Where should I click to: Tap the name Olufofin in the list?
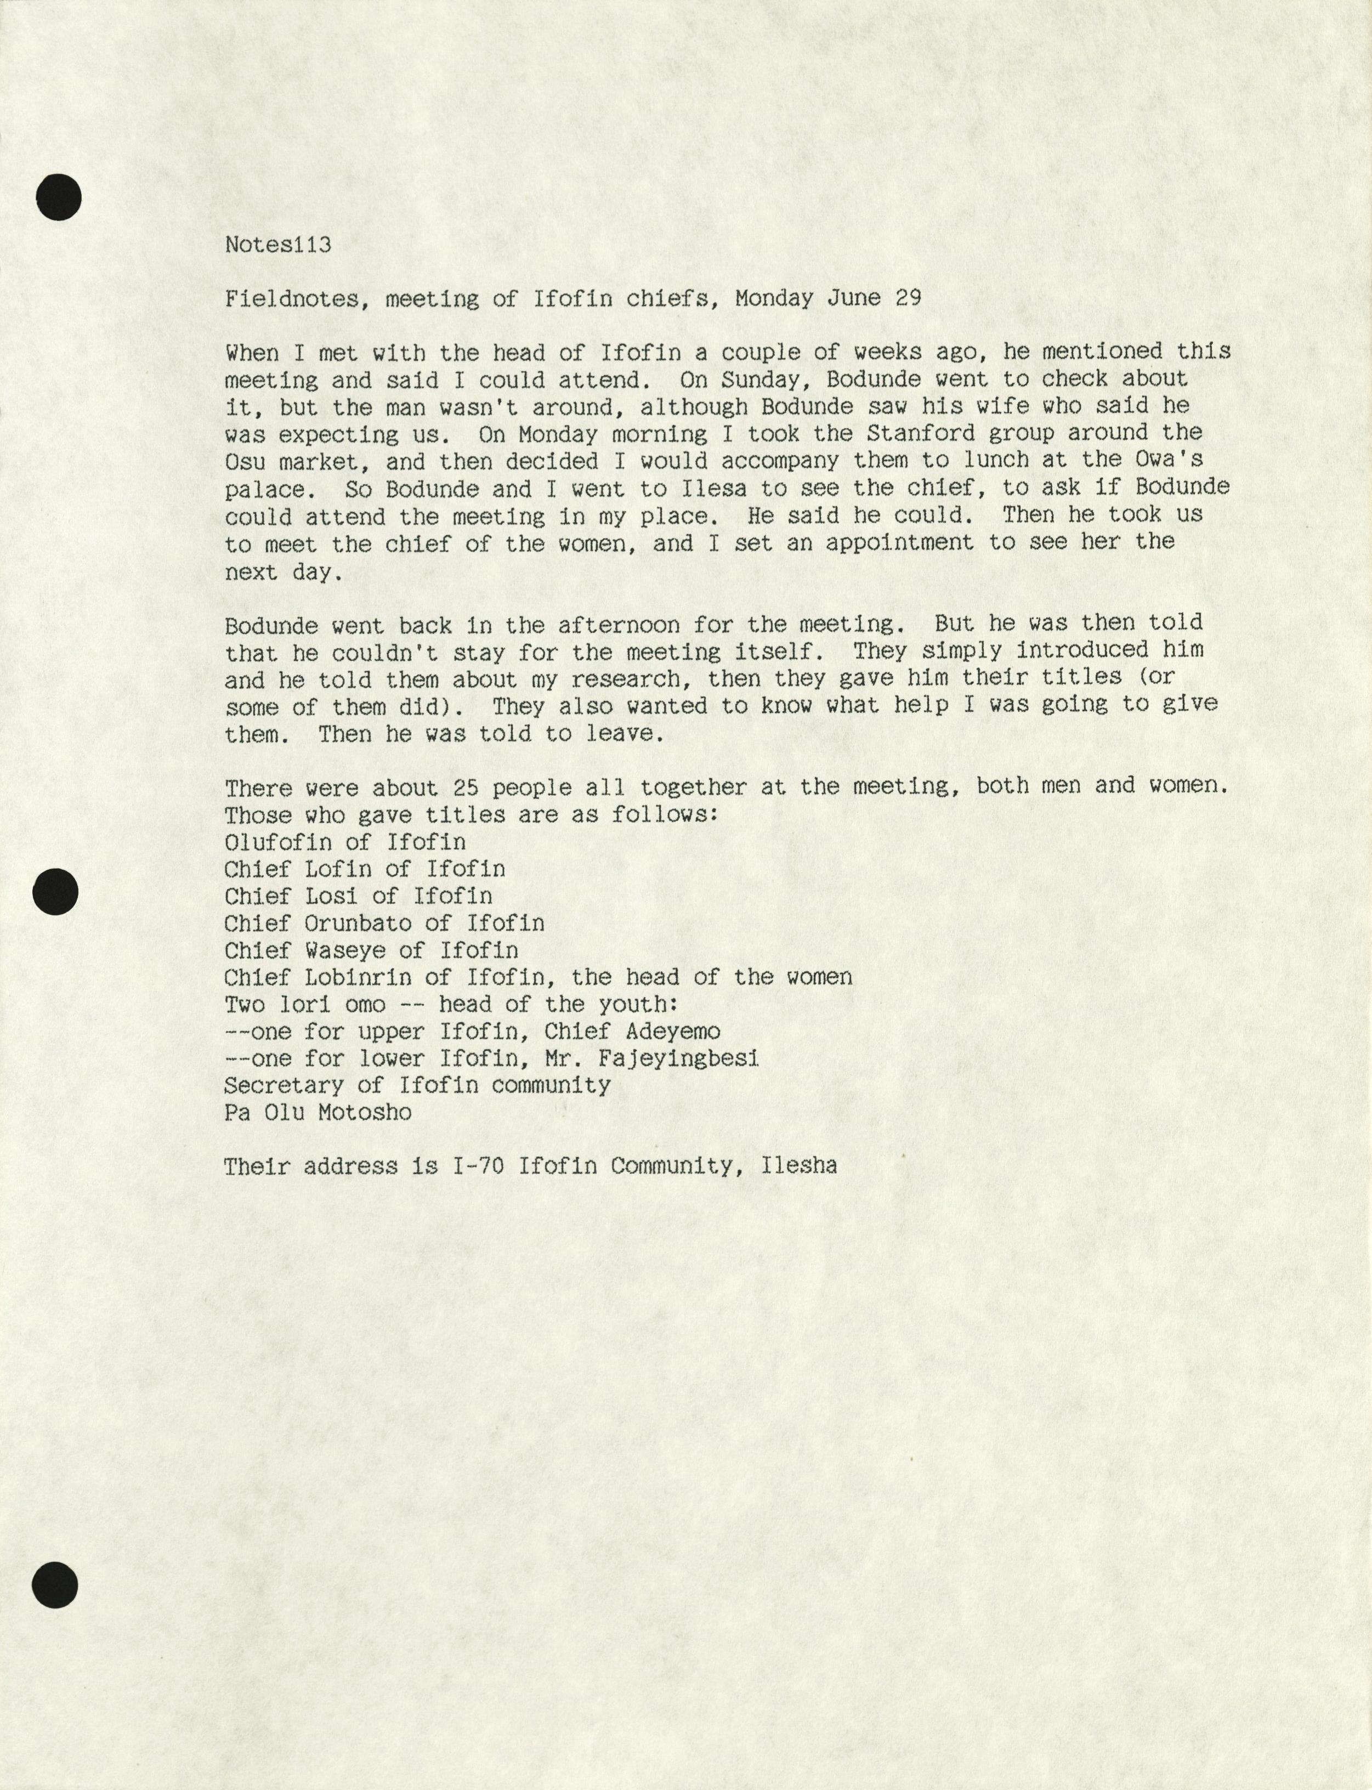click(x=277, y=842)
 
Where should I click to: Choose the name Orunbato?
click(x=358, y=924)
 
